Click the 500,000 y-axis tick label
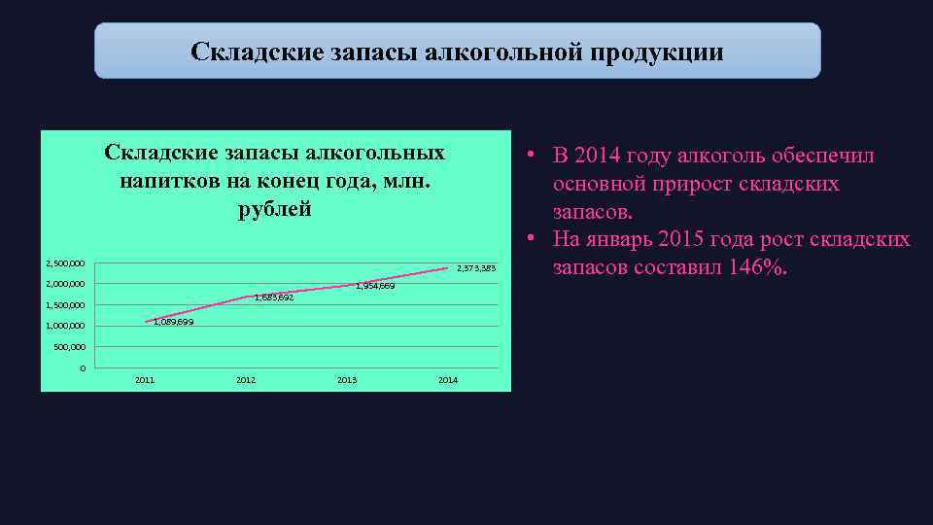[69, 347]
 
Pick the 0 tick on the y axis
[83, 368]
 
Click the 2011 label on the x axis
[145, 380]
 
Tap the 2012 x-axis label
[246, 380]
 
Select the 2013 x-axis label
[347, 380]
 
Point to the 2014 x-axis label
[448, 380]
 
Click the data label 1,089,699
[174, 322]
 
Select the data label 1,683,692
[274, 297]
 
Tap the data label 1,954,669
[375, 286]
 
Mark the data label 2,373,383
[476, 268]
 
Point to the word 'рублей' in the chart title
[275, 209]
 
